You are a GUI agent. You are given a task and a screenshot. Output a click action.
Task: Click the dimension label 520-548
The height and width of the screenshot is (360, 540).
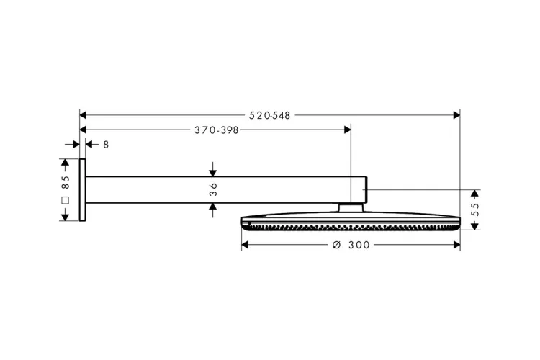point(270,115)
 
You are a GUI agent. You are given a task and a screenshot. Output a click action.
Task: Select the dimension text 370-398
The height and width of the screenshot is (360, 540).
point(216,130)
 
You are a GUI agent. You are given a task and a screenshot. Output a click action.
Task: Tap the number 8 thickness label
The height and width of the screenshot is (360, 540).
point(106,145)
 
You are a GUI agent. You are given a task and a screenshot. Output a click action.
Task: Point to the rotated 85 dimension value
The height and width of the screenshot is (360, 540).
point(65,182)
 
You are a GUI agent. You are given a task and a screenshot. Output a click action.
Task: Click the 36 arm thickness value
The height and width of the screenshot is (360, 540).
point(213,189)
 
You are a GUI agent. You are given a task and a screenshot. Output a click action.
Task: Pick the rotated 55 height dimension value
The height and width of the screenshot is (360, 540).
point(475,210)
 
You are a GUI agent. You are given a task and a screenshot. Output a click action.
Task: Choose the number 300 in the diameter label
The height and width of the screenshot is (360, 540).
point(359,245)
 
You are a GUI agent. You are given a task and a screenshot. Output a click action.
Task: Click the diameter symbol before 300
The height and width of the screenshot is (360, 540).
point(336,245)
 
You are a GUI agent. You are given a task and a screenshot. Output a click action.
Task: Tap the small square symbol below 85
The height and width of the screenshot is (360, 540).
point(65,200)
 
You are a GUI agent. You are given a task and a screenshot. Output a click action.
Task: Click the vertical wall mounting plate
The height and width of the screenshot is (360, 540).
point(82,190)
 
